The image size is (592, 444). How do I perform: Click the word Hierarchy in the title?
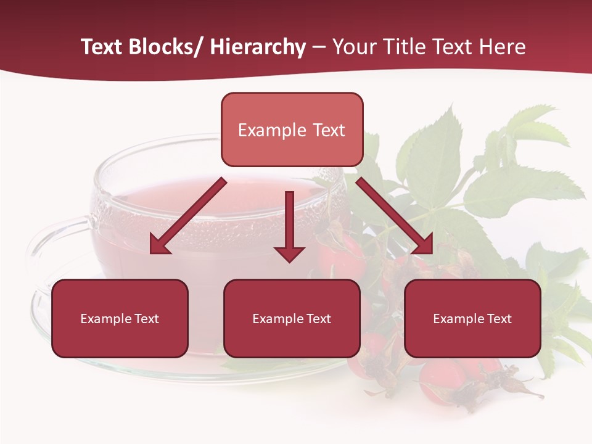[x=258, y=47]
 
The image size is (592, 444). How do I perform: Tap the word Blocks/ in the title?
[x=162, y=47]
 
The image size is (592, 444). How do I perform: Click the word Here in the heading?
[x=504, y=47]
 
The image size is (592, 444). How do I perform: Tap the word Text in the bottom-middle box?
[x=318, y=319]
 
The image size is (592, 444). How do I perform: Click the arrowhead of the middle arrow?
[x=289, y=253]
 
